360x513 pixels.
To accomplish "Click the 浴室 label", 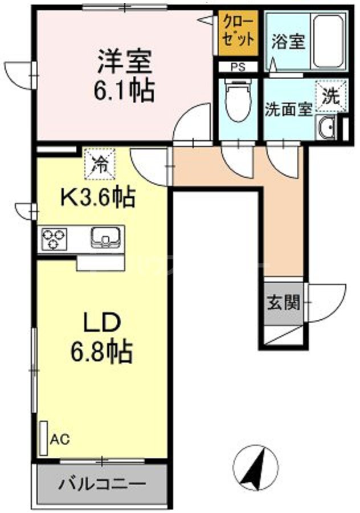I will coord(288,42).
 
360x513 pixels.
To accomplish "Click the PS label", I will coord(237,66).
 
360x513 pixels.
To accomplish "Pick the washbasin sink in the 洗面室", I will coord(326,128).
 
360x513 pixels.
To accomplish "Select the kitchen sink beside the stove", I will coord(105,238).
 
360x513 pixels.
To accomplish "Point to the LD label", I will coord(103,323).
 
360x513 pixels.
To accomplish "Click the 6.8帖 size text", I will coord(103,352).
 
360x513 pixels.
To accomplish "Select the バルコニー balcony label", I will coord(103,486).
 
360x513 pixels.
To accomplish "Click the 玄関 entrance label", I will coord(283,303).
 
